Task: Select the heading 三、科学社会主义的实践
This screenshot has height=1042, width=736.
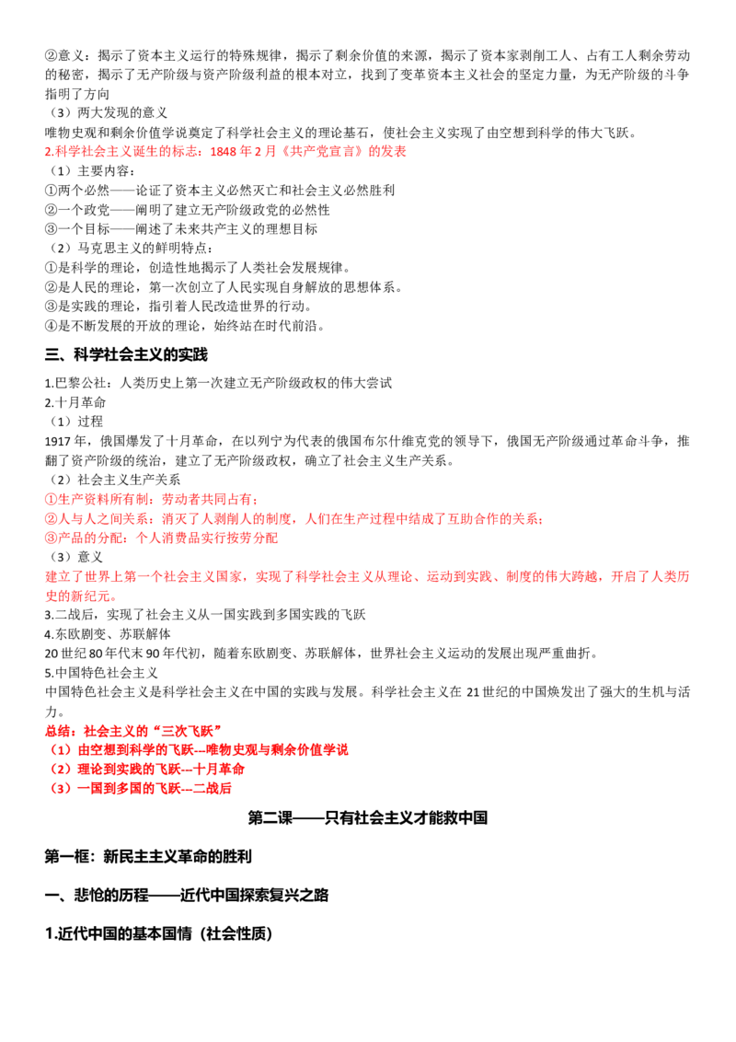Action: (x=126, y=355)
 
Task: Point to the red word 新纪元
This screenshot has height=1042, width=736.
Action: (x=90, y=596)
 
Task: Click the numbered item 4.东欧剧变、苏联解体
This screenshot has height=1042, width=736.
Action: (x=108, y=634)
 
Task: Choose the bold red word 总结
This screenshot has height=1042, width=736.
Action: (x=58, y=731)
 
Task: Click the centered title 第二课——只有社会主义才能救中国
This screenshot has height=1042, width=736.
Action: (x=367, y=818)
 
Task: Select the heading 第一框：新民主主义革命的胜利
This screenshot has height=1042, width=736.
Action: (x=148, y=857)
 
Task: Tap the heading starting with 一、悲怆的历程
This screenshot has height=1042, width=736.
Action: (x=187, y=895)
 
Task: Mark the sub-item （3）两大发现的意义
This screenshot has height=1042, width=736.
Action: (x=109, y=113)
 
